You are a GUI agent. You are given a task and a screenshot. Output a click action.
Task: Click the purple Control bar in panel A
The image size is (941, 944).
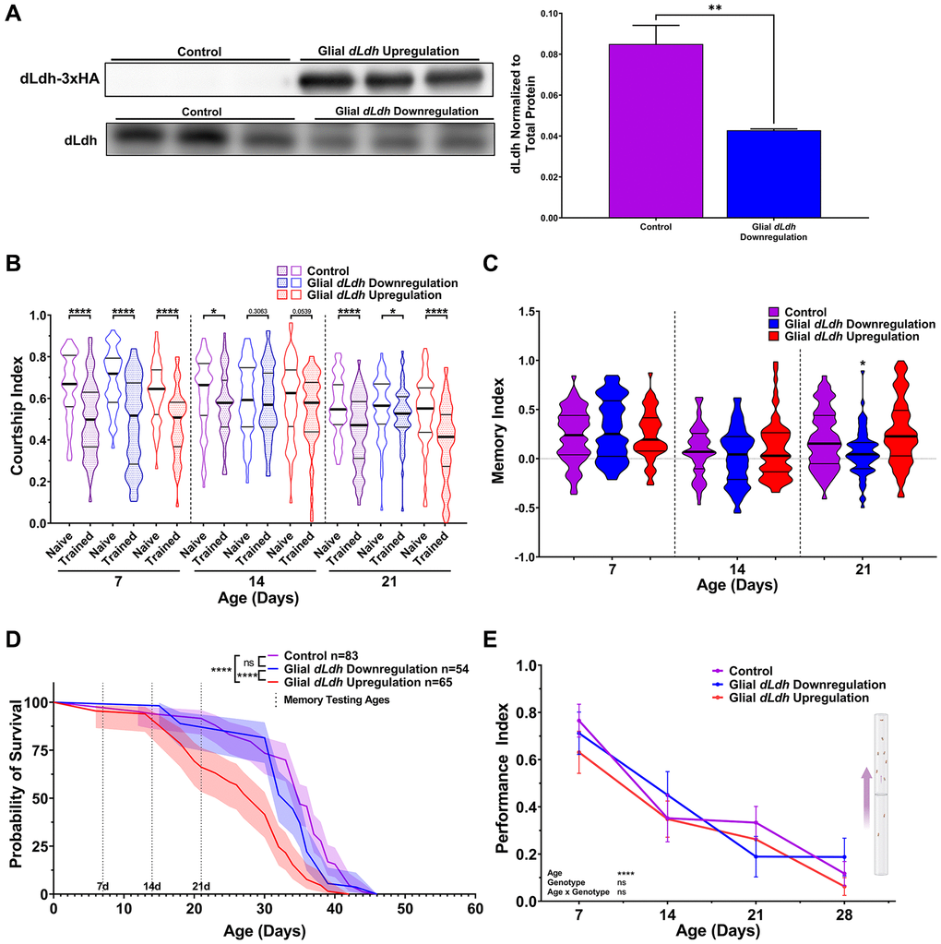[x=657, y=130]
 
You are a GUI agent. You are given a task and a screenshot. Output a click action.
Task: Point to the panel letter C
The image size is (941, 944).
[x=516, y=262]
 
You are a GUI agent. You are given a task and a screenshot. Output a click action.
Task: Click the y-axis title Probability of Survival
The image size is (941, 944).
[x=16, y=783]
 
